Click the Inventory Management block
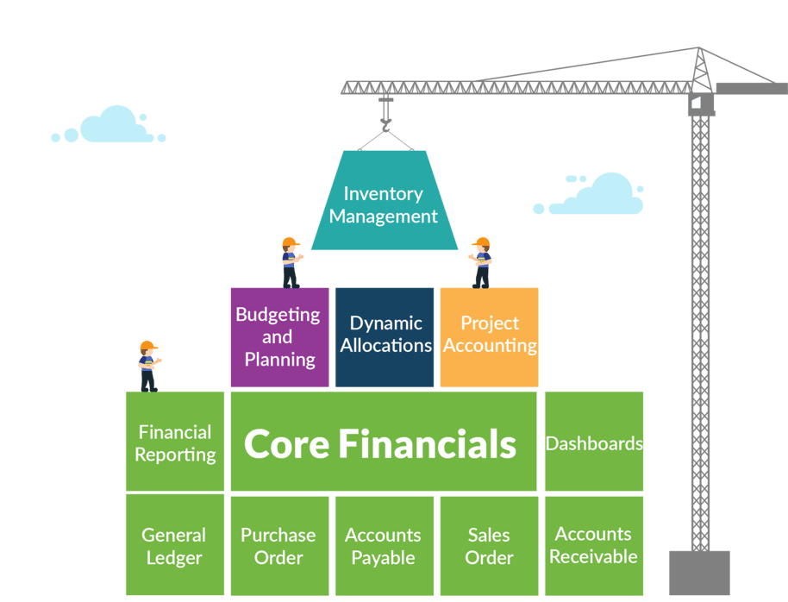point(384,204)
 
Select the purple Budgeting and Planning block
point(279,337)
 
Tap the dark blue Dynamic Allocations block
point(385,335)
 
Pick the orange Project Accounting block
point(489,335)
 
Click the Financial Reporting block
point(176,442)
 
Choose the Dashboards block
point(594,442)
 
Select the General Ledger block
point(174,545)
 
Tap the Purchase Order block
point(278,545)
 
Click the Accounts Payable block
point(383,545)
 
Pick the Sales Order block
point(489,545)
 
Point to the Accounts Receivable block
point(594,545)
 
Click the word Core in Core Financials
point(285,444)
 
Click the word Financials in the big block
point(428,444)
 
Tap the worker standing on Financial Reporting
point(148,366)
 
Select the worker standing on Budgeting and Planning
point(291,262)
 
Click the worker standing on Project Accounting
point(481,262)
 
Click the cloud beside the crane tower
point(595,197)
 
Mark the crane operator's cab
point(700,104)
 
